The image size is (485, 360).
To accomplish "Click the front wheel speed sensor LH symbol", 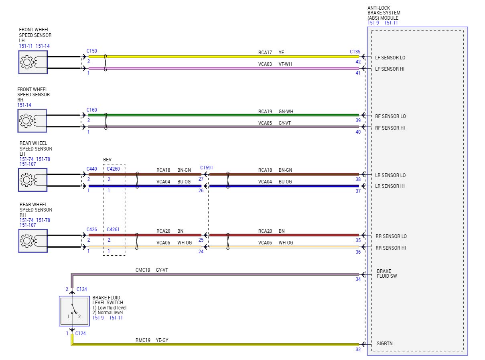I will (x=32, y=62).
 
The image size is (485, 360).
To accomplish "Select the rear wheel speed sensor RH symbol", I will (x=32, y=241).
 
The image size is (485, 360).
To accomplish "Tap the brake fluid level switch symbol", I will (x=74, y=311).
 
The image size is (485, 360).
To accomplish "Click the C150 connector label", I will (x=92, y=51).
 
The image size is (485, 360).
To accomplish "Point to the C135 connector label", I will (x=355, y=52).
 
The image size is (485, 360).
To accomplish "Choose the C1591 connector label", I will (x=207, y=167).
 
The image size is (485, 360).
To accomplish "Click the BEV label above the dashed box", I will (x=108, y=160).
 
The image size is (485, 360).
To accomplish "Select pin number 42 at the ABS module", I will (x=358, y=62).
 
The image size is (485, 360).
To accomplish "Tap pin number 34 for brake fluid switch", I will (x=358, y=279).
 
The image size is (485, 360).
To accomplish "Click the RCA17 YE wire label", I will (x=271, y=52).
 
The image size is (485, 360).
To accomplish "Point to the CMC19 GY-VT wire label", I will (x=152, y=270).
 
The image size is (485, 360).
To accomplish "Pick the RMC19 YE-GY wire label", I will (x=152, y=340).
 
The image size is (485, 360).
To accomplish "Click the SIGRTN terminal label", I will (x=385, y=344).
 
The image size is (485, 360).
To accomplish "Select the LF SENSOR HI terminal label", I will (x=390, y=69).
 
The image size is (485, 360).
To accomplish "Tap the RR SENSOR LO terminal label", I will (x=391, y=236).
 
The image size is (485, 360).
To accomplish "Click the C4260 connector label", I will (x=113, y=169).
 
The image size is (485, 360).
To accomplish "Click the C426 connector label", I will (x=92, y=230).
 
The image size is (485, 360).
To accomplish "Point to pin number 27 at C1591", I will (x=201, y=179).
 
